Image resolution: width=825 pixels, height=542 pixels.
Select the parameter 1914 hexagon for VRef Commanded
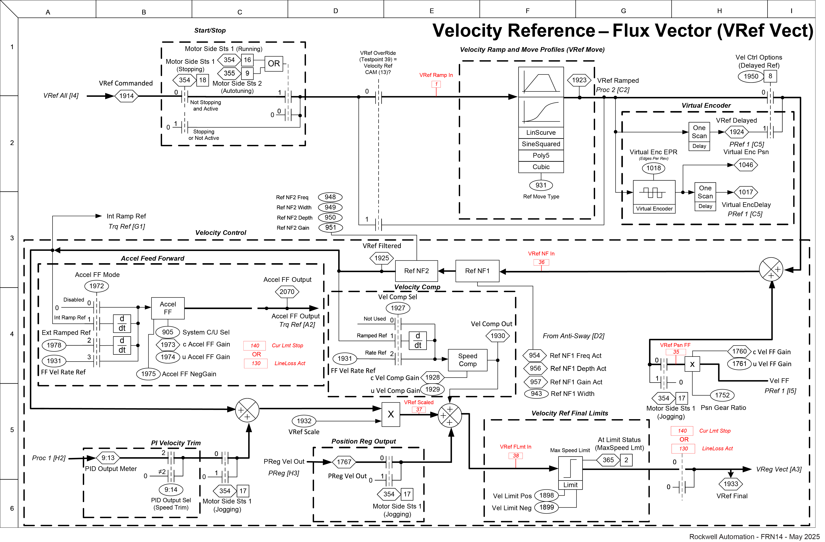coord(127,96)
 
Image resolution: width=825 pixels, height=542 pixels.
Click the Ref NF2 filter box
coord(416,271)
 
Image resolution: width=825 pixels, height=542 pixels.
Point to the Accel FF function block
coord(168,308)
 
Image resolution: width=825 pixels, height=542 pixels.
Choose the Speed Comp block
coord(468,360)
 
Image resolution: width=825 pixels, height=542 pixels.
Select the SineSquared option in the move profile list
coord(541,144)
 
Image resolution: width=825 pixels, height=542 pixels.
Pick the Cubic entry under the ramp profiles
coord(541,167)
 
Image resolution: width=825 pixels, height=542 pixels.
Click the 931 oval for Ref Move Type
coord(541,185)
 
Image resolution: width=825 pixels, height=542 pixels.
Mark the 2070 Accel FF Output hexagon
coord(287,292)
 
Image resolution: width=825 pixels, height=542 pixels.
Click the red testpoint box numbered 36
coord(541,262)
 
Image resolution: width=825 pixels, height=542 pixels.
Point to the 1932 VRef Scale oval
coord(304,421)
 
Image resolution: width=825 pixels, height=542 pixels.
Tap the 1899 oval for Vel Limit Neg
coord(546,507)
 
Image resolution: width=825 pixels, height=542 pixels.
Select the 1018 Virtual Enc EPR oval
coord(653,168)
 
